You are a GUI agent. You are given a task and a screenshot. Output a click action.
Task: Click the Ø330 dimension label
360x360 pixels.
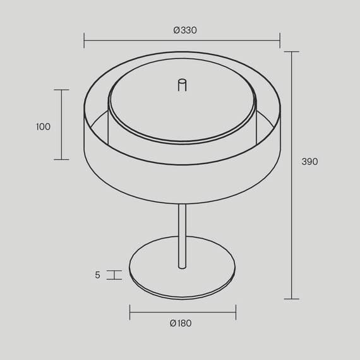(x=185, y=30)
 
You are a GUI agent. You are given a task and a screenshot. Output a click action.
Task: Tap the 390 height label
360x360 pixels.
(x=309, y=162)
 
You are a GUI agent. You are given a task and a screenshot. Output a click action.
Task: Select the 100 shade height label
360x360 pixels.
(x=43, y=127)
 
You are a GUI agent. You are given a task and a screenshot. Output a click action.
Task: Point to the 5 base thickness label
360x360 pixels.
(x=97, y=275)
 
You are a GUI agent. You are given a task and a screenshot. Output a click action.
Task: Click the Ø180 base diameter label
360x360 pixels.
(x=181, y=323)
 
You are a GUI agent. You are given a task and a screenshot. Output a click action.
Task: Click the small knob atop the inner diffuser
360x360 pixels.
(x=183, y=85)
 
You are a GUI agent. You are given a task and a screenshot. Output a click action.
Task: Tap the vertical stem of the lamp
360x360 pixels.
(x=183, y=236)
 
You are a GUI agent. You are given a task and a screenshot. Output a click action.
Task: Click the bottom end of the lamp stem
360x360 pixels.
(x=183, y=268)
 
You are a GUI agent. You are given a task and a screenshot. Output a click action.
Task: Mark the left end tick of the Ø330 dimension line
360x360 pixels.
(x=84, y=40)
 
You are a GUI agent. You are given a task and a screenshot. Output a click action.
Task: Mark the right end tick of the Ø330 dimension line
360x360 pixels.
(x=280, y=40)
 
